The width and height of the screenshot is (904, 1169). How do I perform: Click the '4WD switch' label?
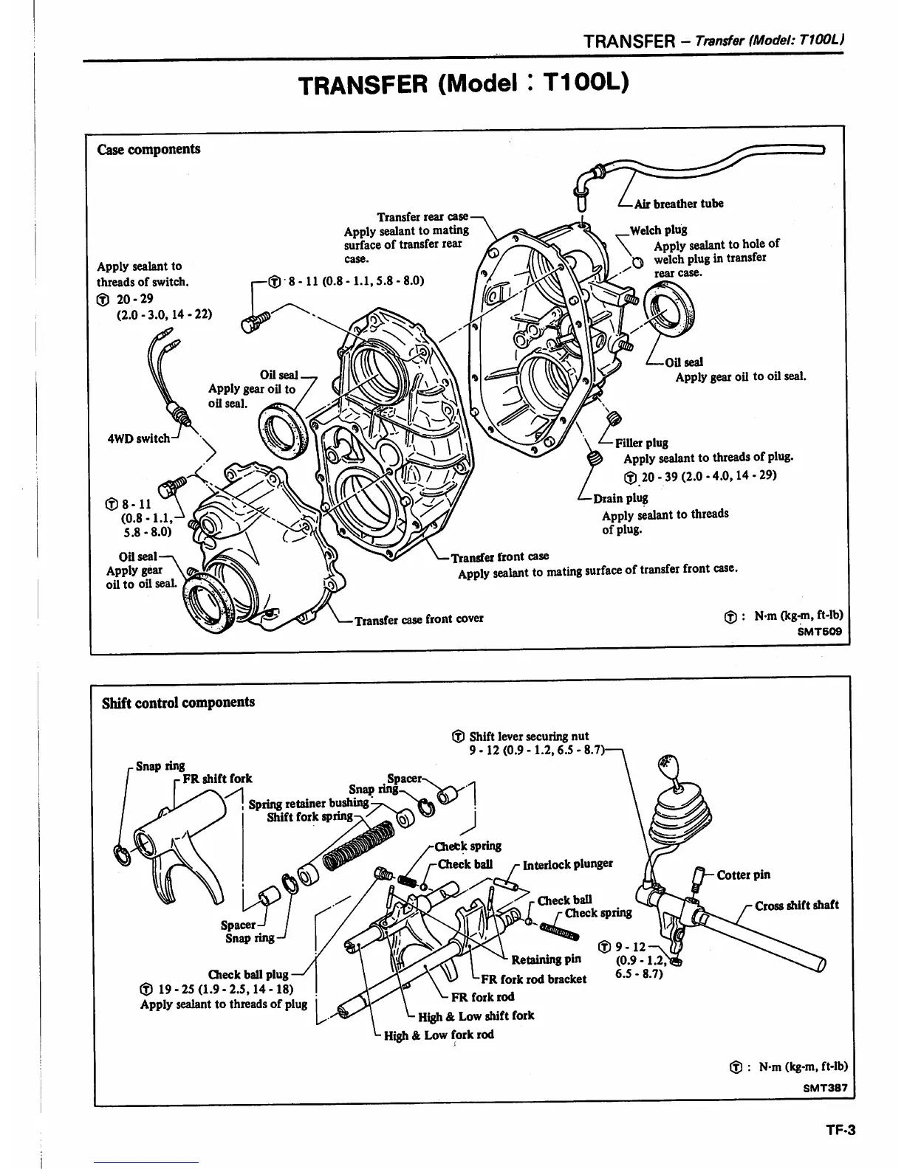tap(139, 438)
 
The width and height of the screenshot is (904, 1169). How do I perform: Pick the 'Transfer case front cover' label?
tap(419, 619)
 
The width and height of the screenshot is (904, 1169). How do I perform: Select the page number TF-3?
tap(840, 1129)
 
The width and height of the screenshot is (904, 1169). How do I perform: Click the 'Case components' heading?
tap(148, 149)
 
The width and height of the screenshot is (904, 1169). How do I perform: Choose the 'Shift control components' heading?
tap(178, 702)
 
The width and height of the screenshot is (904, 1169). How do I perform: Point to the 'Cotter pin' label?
tap(743, 875)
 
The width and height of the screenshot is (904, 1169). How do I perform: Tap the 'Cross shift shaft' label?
tap(796, 906)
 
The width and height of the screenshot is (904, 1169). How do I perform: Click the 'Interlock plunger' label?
tap(567, 864)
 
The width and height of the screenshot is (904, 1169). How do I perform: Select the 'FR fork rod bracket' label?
tap(533, 979)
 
